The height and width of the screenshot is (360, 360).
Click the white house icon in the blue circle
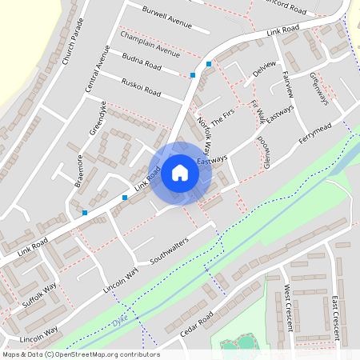[180, 173]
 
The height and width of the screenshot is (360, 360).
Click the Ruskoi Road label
[141, 87]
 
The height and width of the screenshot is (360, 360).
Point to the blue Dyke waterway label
[120, 319]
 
